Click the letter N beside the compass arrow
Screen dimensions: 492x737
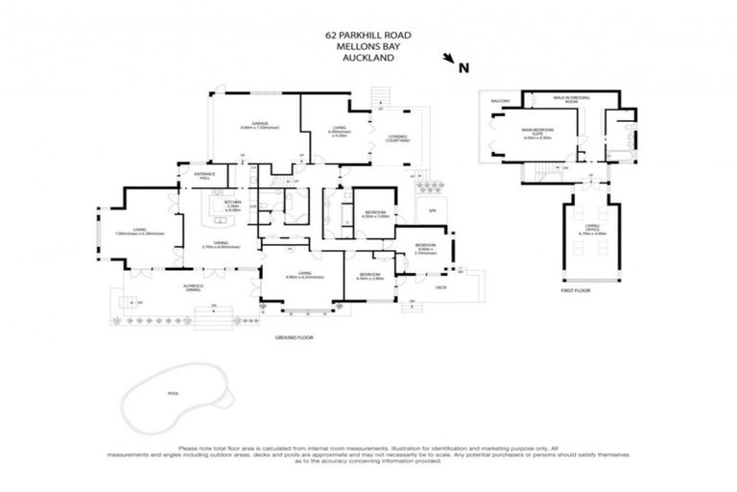pyautogui.click(x=464, y=67)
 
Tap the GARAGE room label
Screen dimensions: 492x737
pyautogui.click(x=259, y=124)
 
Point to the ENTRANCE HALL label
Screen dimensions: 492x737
pyautogui.click(x=205, y=175)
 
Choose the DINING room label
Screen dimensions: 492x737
pyautogui.click(x=221, y=244)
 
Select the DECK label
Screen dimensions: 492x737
pyautogui.click(x=441, y=285)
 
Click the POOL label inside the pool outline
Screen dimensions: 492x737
pyautogui.click(x=173, y=392)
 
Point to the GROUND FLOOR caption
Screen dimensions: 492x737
pyautogui.click(x=294, y=337)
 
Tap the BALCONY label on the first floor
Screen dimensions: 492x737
pyautogui.click(x=499, y=101)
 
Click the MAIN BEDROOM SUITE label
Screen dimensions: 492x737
pyautogui.click(x=537, y=132)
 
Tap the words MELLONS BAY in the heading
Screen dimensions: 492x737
pyautogui.click(x=368, y=46)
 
